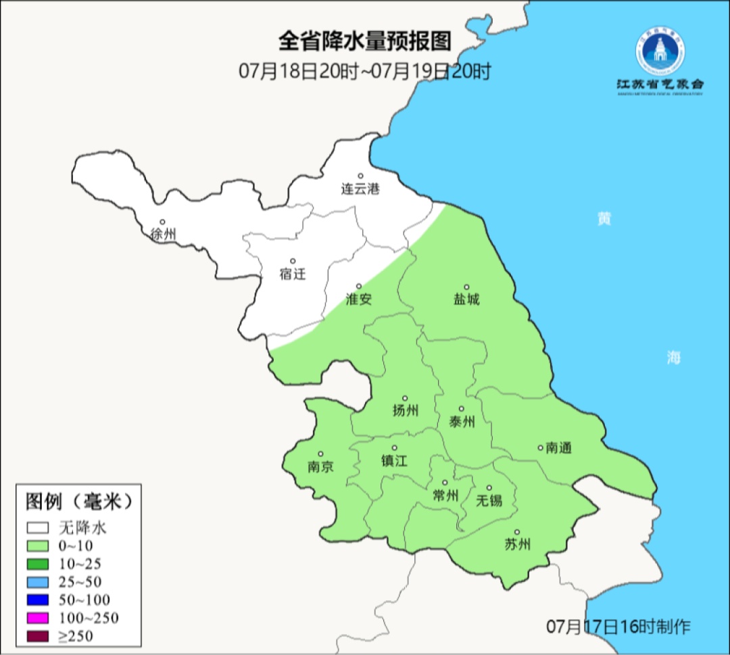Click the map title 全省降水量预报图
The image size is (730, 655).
(x=364, y=41)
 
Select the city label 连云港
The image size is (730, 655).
(x=360, y=189)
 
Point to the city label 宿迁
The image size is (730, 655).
(x=292, y=274)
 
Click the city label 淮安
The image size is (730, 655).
(x=359, y=299)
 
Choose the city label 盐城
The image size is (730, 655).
(x=466, y=299)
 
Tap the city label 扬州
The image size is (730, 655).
(x=405, y=410)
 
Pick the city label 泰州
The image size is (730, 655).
(x=462, y=422)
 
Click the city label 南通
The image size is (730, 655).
(x=559, y=447)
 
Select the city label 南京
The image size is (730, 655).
(x=320, y=466)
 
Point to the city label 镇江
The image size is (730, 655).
(x=395, y=460)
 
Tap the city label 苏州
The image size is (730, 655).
(x=517, y=544)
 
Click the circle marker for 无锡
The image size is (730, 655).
(x=489, y=488)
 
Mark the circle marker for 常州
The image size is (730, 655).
(x=445, y=483)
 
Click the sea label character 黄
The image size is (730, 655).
(x=604, y=219)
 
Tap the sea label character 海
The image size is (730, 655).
(x=673, y=358)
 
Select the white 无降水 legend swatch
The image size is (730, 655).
(x=38, y=527)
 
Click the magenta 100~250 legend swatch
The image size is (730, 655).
(x=38, y=617)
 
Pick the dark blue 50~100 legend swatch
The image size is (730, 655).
(x=38, y=600)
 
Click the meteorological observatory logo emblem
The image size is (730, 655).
(x=660, y=53)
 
